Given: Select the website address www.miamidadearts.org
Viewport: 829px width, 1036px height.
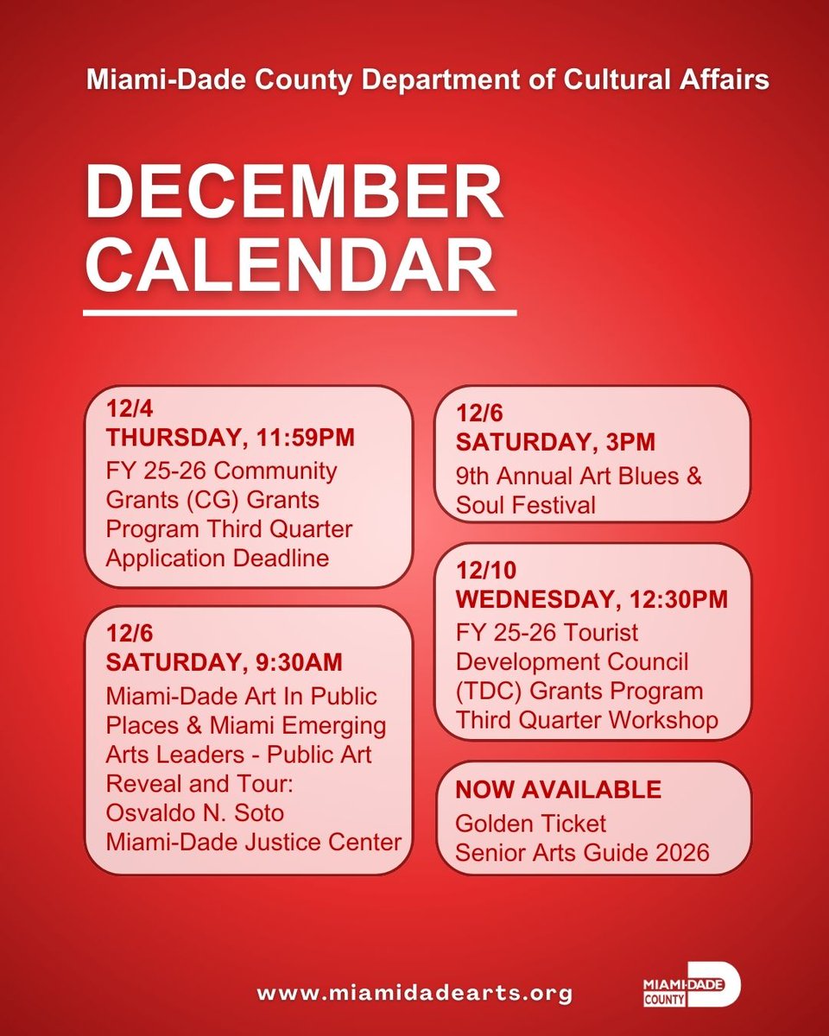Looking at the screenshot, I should (414, 992).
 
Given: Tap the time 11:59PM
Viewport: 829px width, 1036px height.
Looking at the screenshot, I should (306, 439).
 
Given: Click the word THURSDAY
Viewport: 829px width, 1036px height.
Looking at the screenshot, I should (173, 439).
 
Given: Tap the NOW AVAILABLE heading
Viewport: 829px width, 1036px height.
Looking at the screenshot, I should (558, 789).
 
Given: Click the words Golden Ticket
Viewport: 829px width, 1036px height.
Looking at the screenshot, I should (531, 823).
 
